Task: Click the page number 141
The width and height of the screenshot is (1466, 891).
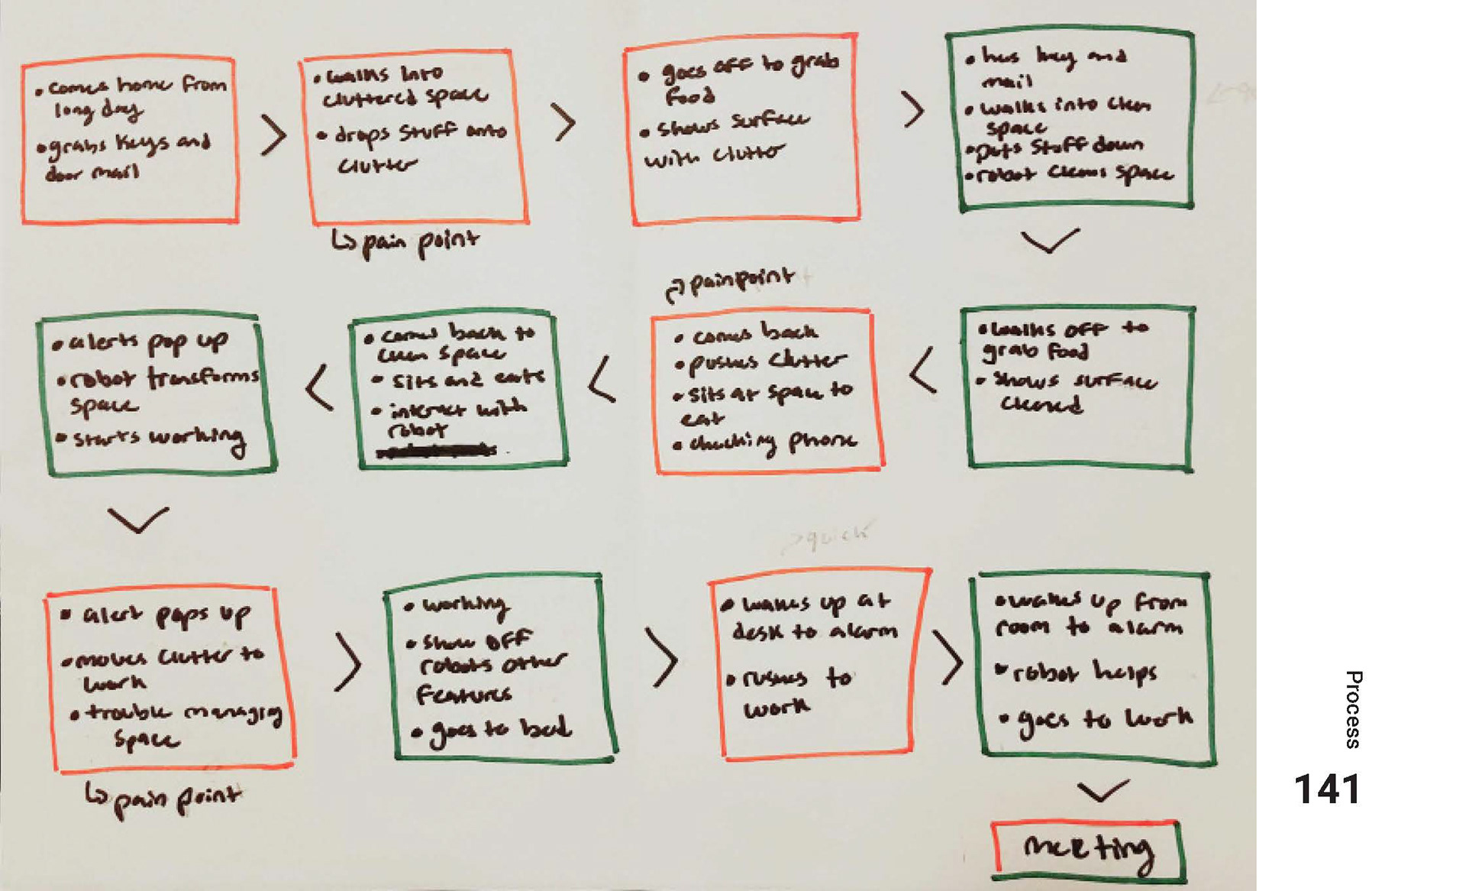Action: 1327,790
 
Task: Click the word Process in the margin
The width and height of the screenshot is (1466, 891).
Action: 1353,709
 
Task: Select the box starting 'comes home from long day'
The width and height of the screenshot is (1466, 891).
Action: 129,140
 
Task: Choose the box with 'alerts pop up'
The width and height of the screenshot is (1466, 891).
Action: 157,393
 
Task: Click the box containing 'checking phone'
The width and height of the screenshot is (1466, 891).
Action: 767,391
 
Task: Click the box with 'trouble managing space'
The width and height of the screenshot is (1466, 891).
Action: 171,678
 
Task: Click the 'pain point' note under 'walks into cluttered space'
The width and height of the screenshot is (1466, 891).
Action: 405,243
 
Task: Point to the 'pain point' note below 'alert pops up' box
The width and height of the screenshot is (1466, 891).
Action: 163,799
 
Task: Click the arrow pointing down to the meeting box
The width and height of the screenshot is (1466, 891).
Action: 1102,791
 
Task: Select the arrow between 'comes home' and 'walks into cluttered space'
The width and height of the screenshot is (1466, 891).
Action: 273,135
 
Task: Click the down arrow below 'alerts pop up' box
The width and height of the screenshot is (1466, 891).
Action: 137,520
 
